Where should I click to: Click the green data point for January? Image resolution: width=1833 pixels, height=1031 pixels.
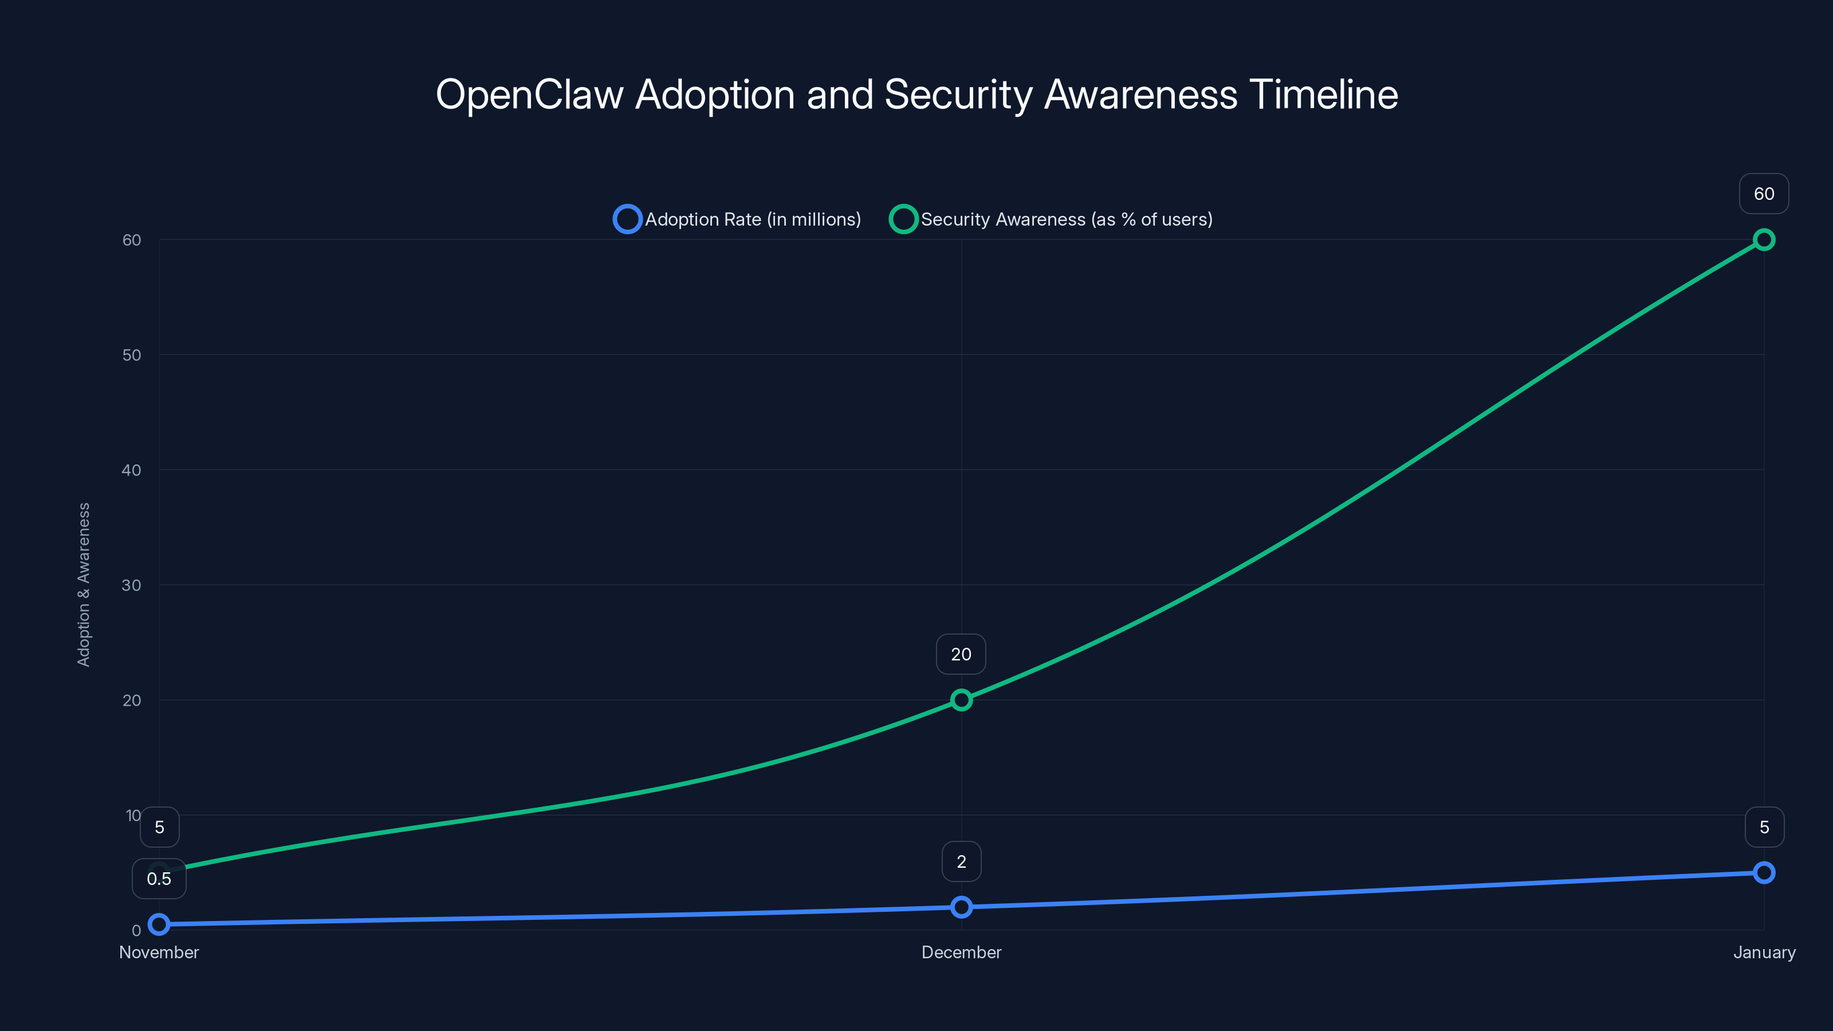coord(1763,240)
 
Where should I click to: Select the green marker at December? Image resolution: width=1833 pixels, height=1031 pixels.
coord(961,700)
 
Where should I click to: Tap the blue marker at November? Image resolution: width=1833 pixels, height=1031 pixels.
coord(159,924)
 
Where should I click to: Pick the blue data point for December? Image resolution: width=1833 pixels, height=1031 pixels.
coord(961,907)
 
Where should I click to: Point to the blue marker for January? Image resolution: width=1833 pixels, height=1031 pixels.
coord(1763,872)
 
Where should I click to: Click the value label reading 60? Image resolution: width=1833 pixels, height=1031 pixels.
coord(1763,194)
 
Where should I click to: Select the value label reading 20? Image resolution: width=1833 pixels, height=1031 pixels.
coord(961,654)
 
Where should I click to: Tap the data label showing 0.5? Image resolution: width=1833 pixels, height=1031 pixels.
coord(159,879)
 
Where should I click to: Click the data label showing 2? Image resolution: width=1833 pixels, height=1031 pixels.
coord(961,861)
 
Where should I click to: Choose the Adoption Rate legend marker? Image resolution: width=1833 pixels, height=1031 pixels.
coord(627,219)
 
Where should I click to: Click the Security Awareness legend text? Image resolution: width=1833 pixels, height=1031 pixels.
coord(1066,219)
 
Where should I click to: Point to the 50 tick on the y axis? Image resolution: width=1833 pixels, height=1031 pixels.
coord(132,355)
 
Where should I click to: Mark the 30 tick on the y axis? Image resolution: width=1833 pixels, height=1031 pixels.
coord(132,585)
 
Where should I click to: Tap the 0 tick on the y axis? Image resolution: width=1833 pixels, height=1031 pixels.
coord(136,930)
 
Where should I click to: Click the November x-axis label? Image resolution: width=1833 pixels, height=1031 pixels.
coord(159,952)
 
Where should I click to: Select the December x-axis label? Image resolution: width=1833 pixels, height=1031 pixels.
coord(961,952)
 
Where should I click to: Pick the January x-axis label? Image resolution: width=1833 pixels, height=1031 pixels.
coord(1763,952)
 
